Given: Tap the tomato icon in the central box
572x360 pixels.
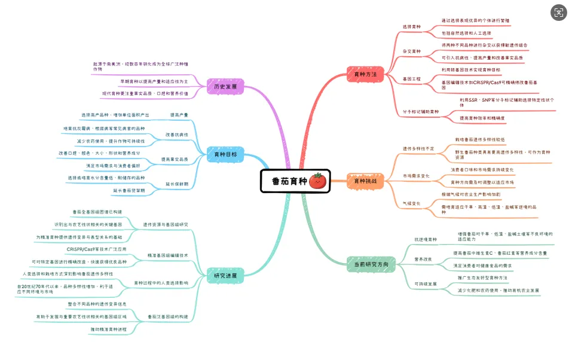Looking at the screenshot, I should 316,181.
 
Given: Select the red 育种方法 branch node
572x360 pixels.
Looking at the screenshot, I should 365,74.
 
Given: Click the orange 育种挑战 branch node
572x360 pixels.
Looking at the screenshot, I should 365,181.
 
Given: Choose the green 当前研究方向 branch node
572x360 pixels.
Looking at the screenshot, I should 371,264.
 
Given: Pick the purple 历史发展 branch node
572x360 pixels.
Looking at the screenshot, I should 225,86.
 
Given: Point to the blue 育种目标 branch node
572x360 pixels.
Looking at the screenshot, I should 225,154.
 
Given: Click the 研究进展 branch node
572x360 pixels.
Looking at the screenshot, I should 225,276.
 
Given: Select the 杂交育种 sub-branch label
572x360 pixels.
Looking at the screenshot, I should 411,51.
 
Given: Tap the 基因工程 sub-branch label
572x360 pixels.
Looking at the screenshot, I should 411,79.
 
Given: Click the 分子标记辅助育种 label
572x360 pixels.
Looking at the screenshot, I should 421,112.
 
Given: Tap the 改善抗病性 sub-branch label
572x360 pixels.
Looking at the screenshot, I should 177,135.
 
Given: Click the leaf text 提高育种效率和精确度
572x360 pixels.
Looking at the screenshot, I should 482,118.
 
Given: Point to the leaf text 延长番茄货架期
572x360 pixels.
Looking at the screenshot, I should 129,191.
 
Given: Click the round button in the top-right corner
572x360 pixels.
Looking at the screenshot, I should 558,12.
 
